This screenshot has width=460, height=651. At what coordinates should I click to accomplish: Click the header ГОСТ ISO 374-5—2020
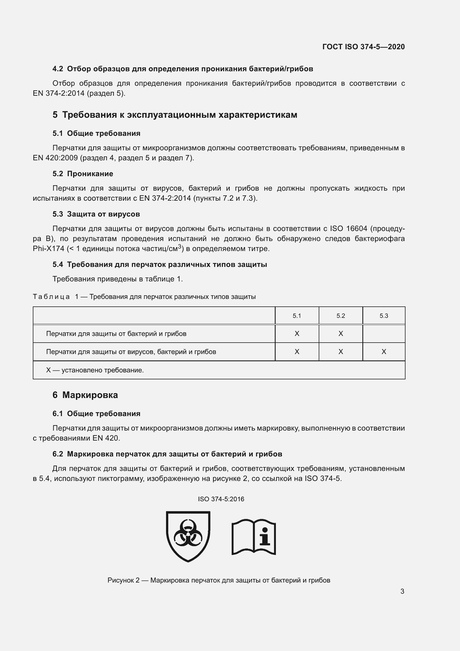pos(363,47)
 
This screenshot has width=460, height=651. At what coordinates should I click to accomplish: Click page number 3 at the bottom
pos(402,591)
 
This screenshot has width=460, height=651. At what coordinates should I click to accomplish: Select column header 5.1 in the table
pos(296,316)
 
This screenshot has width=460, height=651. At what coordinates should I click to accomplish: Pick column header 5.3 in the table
pos(384,316)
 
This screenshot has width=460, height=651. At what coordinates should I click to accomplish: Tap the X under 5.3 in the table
pos(384,352)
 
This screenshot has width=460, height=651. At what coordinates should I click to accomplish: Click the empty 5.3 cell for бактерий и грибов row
pos(384,333)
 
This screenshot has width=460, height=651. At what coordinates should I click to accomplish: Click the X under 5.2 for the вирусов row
pos(340,352)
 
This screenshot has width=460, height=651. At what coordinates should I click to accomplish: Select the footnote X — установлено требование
pos(95,370)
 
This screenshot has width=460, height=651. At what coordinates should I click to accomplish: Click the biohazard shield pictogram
pos(188,536)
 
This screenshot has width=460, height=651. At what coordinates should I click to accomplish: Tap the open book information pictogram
pos(254,537)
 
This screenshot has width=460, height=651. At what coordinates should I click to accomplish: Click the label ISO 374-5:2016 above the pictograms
pos(221,499)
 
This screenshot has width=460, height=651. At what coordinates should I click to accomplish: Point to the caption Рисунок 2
pos(219,580)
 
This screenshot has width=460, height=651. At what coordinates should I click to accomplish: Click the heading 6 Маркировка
pos(85,395)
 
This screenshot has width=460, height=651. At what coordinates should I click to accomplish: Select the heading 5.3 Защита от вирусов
pos(96,214)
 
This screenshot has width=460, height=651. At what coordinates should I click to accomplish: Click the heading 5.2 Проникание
pos(83,174)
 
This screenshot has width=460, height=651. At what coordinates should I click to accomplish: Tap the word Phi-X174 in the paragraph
pos(48,249)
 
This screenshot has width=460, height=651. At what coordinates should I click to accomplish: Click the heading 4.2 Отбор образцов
pos(183,69)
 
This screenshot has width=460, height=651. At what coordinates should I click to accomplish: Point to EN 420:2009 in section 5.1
pos(55,158)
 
